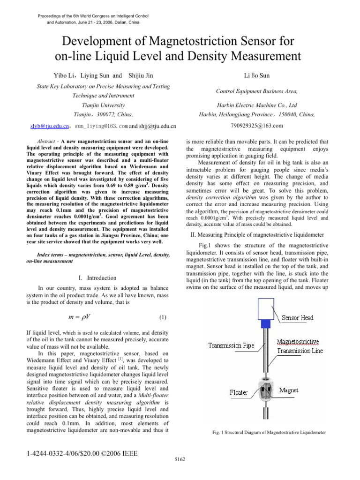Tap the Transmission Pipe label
click(232, 346)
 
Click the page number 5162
click(180, 458)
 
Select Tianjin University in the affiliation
click(104, 105)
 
